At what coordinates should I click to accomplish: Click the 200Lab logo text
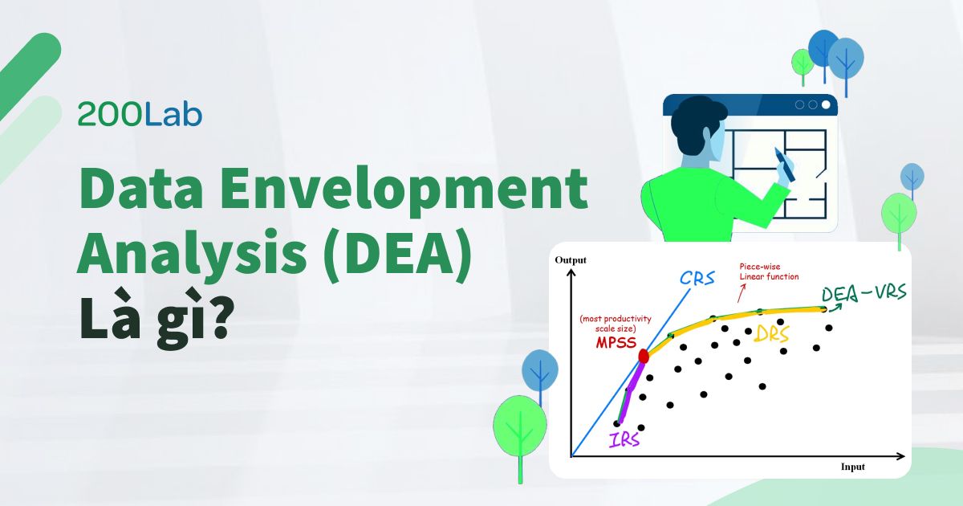[x=140, y=115]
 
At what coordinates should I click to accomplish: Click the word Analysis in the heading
[x=181, y=261]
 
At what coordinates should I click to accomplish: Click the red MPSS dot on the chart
[x=644, y=356]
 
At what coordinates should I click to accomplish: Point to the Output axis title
[x=571, y=259]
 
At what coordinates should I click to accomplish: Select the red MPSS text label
[x=616, y=342]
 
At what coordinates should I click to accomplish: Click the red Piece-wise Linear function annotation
[x=768, y=271]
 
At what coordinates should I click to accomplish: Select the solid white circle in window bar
[x=826, y=104]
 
